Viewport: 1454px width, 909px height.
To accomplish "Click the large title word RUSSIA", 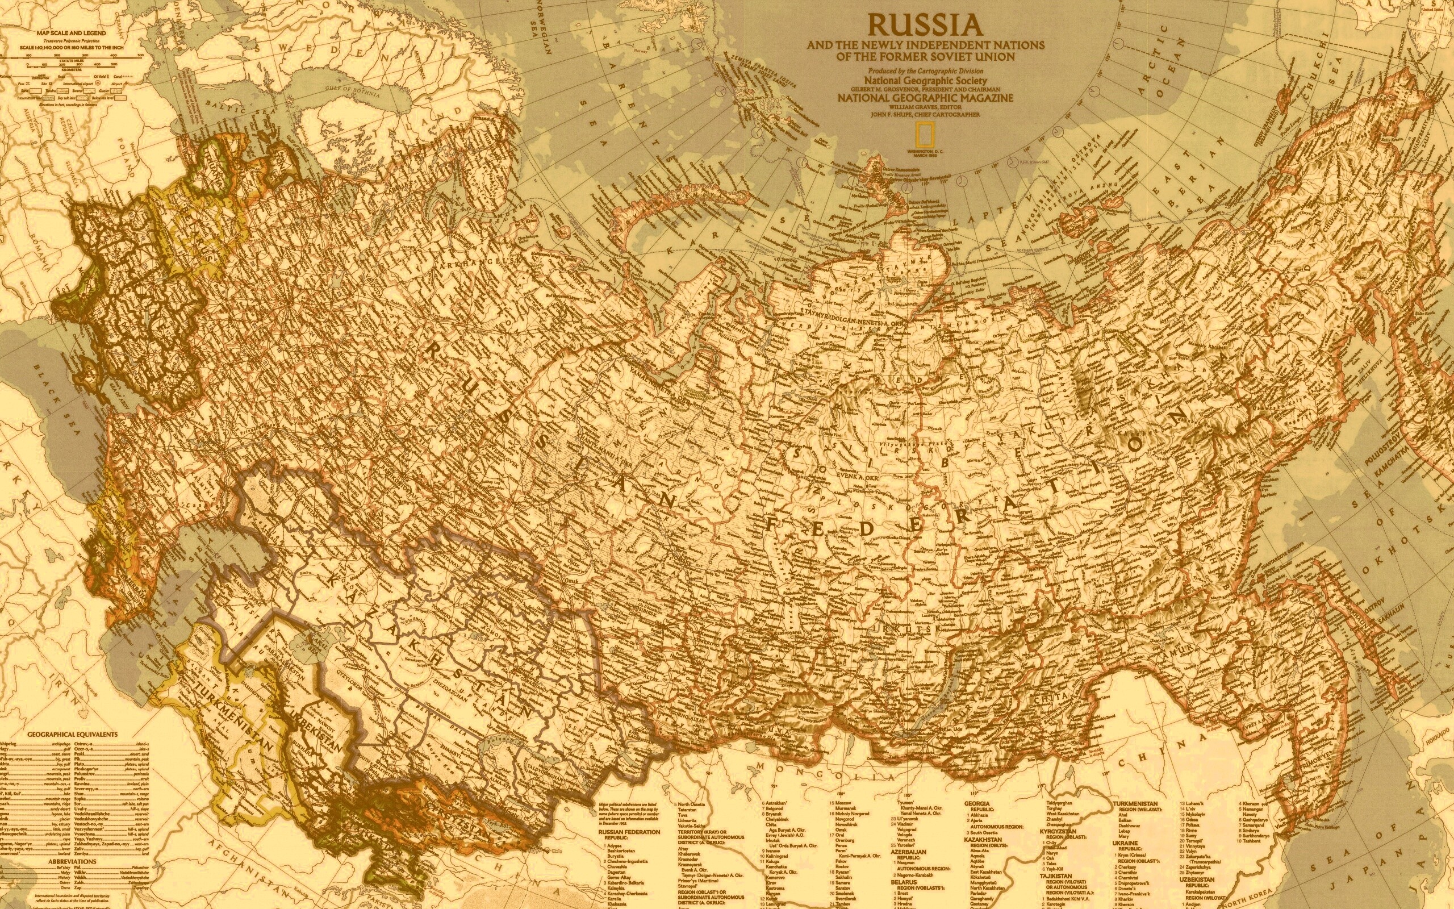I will pos(925,25).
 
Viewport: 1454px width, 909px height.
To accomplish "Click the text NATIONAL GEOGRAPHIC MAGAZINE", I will pos(925,97).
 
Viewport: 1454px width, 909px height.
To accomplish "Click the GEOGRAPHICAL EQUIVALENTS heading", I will pos(72,734).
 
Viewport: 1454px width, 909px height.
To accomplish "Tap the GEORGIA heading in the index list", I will pos(977,803).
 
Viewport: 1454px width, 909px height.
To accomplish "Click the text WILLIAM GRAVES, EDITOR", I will pos(925,106).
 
